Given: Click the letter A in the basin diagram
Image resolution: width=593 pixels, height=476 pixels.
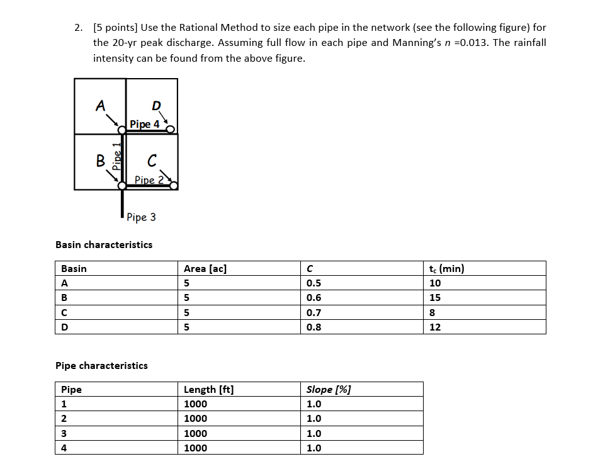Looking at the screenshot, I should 99,106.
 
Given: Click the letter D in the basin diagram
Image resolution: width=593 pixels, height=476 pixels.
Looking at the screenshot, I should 156,105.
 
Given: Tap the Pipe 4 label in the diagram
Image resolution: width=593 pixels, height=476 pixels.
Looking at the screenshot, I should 144,124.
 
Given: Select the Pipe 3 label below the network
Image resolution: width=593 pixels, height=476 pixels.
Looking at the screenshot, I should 141,217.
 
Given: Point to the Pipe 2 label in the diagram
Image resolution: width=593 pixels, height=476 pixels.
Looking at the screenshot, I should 149,180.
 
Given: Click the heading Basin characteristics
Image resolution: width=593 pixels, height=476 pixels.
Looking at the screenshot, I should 104,244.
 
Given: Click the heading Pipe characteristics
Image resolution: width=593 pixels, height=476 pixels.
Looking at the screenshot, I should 102,365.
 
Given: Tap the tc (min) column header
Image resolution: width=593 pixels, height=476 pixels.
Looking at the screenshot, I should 446,269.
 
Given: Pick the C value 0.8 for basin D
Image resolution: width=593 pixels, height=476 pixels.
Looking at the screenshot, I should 313,327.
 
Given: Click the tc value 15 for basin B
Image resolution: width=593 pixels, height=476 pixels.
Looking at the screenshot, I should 434,298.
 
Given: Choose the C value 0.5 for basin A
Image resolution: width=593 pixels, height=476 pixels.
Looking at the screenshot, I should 313,283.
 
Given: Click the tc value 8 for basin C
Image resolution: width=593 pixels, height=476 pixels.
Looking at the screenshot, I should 432,312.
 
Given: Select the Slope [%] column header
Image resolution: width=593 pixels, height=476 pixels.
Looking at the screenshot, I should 329,389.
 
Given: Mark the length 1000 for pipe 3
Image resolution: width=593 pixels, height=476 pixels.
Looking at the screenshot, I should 195,434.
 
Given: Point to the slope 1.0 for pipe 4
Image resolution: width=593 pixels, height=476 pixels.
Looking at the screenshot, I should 313,448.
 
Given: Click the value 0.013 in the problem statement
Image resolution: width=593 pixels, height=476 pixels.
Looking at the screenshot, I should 473,43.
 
